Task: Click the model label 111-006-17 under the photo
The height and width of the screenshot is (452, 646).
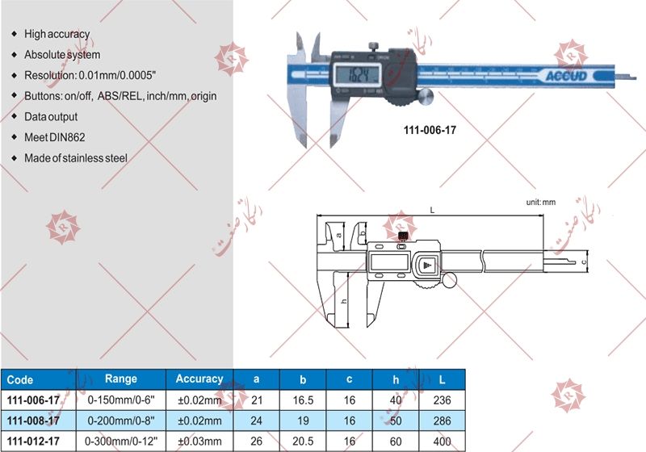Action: point(430,129)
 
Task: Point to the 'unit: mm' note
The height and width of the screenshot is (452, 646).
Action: point(542,203)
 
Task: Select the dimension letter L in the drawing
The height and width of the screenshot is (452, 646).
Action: point(433,211)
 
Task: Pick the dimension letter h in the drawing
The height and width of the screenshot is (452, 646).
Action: point(344,300)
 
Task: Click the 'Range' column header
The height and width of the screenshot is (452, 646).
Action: point(121,379)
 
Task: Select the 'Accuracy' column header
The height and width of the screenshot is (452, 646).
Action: point(199,379)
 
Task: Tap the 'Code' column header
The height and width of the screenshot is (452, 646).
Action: point(20,379)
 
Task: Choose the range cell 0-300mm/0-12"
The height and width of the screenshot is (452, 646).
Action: point(122,441)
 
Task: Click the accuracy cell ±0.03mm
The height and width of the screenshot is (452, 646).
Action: point(199,441)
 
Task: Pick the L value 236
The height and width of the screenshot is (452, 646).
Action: point(443,400)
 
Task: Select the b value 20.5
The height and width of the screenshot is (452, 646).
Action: point(304,441)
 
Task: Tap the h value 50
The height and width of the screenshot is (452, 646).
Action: point(396,421)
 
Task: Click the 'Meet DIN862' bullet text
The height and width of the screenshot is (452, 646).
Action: point(55,137)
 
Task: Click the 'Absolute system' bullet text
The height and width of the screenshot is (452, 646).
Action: point(62,55)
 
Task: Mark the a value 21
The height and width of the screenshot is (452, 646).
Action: point(257,400)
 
